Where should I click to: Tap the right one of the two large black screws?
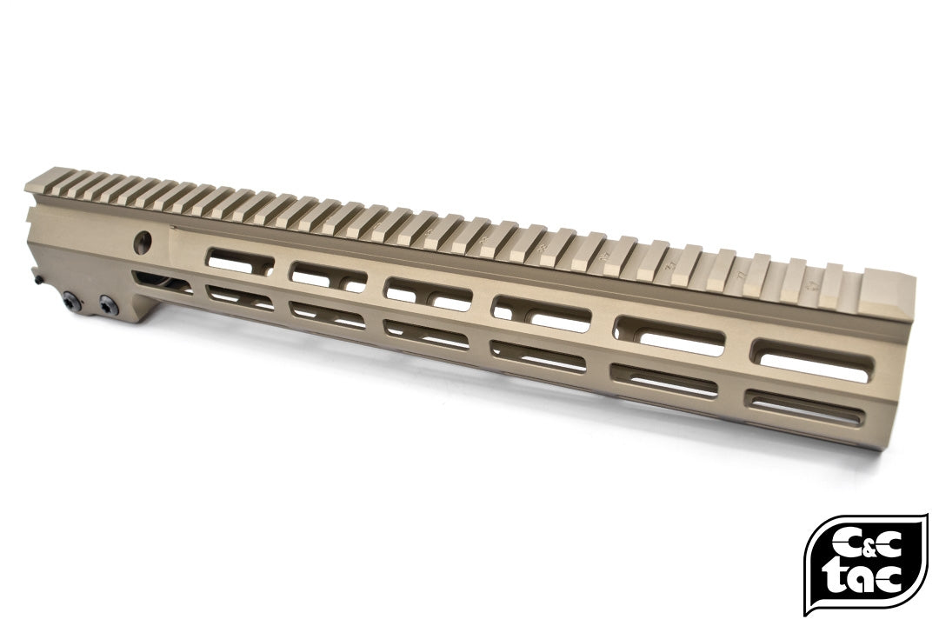[x=108, y=304]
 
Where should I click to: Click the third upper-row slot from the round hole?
[x=428, y=293]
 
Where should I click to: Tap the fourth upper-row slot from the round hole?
[x=539, y=312]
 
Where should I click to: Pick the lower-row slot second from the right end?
[x=664, y=382]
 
